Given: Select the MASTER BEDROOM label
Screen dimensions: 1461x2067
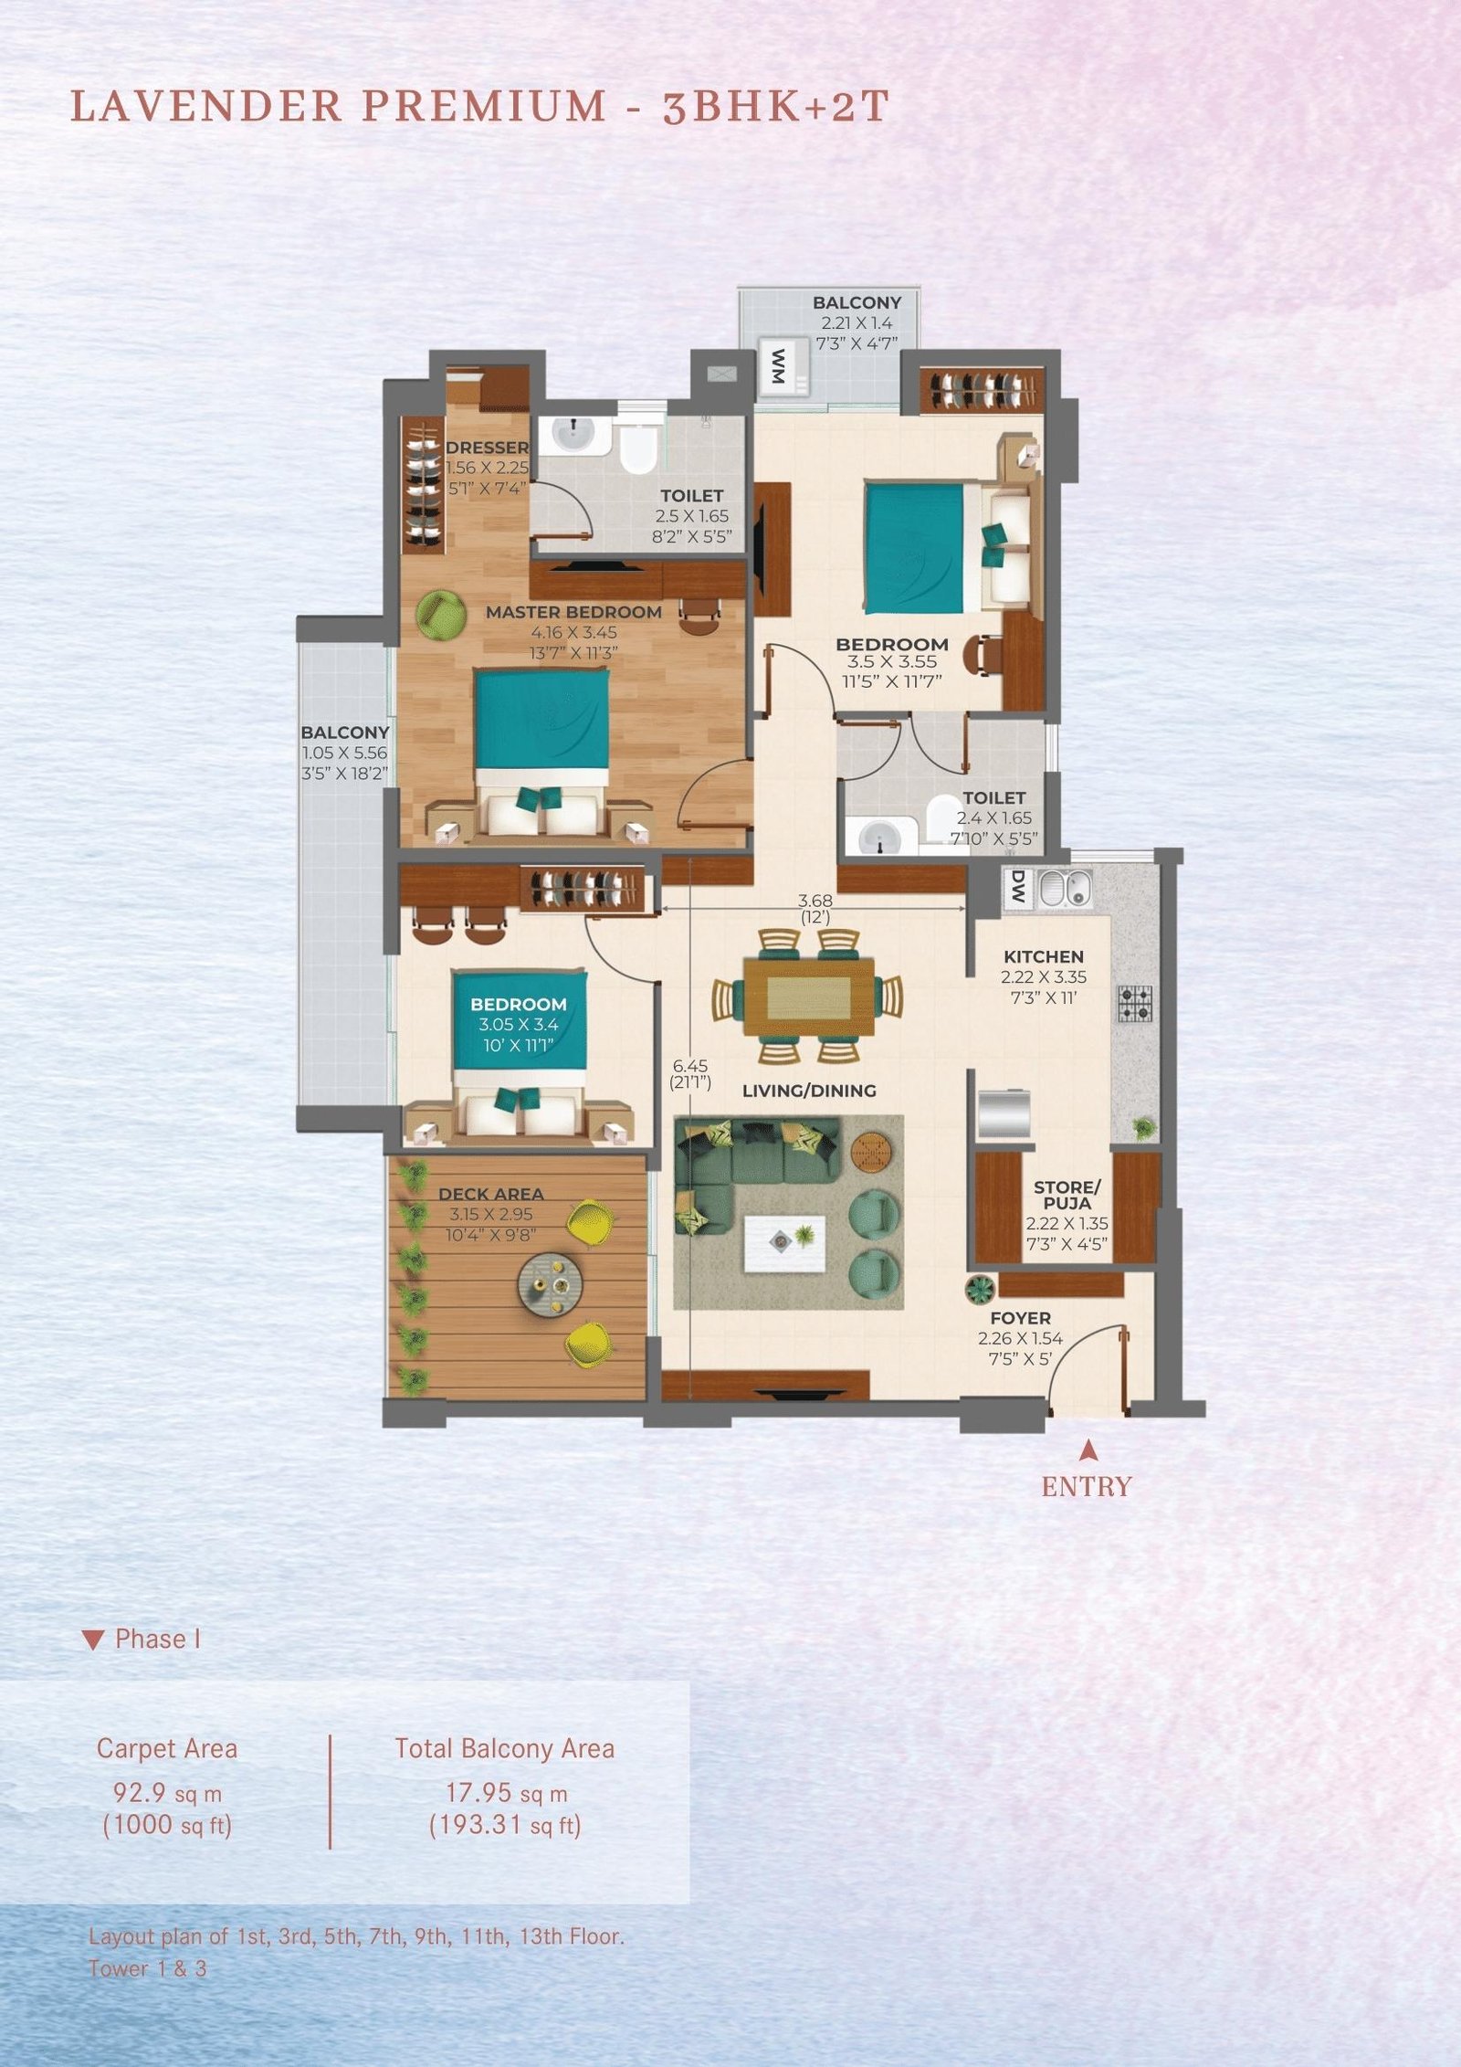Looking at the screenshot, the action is pyautogui.click(x=573, y=612).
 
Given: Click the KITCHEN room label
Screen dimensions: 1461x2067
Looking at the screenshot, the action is pyautogui.click(x=1044, y=956).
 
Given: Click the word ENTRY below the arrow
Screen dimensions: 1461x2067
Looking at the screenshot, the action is pyautogui.click(x=1087, y=1487).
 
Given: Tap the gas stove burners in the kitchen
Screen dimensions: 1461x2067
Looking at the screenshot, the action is pyautogui.click(x=1135, y=1003).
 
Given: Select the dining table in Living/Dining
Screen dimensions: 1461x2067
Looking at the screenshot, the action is pyautogui.click(x=808, y=997).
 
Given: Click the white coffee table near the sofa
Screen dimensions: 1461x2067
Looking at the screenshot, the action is pyautogui.click(x=784, y=1243).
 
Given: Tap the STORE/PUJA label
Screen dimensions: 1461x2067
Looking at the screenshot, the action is pyautogui.click(x=1067, y=1195).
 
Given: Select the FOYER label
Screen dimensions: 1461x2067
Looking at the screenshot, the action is pyautogui.click(x=1020, y=1318).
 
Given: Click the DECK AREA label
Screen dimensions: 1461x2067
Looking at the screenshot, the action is pyautogui.click(x=490, y=1194).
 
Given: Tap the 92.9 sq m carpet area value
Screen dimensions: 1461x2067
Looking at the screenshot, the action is pyautogui.click(x=167, y=1794).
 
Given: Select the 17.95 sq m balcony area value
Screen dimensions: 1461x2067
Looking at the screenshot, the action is pyautogui.click(x=506, y=1794).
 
